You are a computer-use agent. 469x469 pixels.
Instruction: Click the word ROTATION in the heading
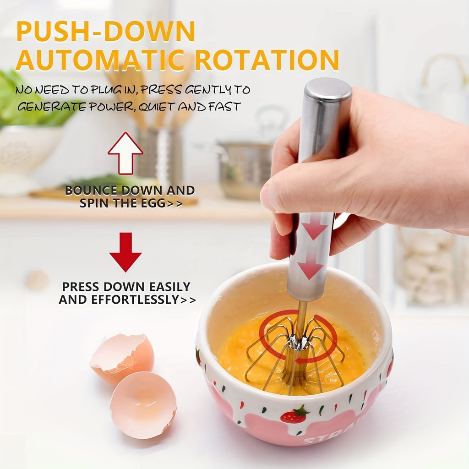click(x=267, y=60)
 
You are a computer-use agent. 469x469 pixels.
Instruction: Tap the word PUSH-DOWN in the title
click(x=106, y=31)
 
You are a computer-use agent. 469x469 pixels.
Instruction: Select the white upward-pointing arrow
click(x=125, y=153)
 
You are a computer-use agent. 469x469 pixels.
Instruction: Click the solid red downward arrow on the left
click(x=125, y=252)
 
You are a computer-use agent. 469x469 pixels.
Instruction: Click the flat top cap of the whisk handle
click(x=328, y=87)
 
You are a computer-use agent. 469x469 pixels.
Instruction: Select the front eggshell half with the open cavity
click(x=143, y=405)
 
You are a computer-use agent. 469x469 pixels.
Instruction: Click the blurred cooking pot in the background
click(x=245, y=168)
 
